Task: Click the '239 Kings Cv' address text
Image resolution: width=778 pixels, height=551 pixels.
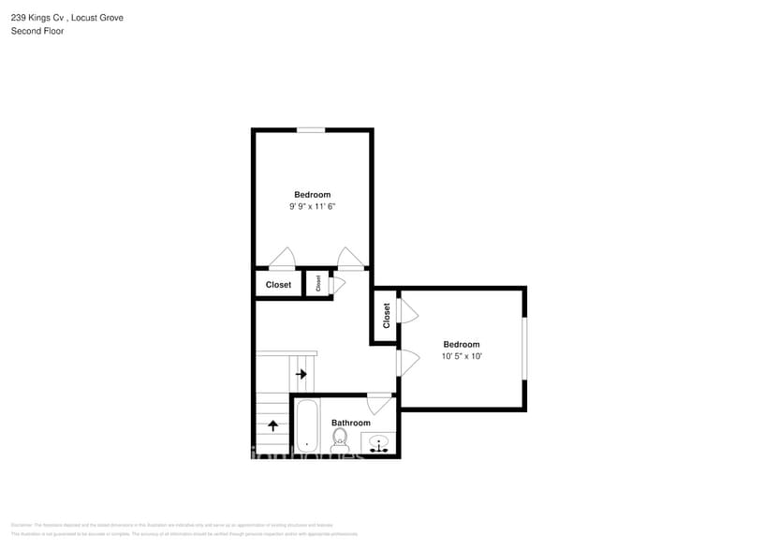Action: coord(38,17)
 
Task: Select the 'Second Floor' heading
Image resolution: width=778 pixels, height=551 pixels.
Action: coord(37,31)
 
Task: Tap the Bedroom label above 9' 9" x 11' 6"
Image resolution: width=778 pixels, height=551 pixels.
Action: coord(312,195)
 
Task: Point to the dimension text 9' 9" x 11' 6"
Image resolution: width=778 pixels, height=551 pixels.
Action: coord(312,206)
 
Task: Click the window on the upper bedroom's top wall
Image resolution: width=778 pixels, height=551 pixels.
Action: coord(311,129)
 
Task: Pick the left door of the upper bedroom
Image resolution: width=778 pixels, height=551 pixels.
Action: coord(282,260)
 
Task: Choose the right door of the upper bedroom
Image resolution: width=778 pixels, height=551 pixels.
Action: coord(350,259)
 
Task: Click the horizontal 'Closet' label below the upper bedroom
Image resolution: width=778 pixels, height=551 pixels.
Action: coord(278,285)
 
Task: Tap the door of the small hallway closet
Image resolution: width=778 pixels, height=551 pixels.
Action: coord(336,283)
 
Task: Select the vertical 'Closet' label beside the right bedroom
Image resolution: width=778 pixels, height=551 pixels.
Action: coord(386,315)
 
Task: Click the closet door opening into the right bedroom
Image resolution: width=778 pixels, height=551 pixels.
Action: coord(407,311)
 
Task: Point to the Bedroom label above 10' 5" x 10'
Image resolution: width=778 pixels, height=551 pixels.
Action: coord(461,345)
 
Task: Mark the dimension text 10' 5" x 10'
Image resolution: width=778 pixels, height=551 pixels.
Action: coord(461,356)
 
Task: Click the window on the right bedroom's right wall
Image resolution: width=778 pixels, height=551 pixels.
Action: coord(524,349)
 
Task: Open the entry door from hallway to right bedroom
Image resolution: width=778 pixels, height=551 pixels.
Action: coord(406,363)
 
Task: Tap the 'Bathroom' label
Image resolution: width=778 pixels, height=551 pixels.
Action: coord(350,423)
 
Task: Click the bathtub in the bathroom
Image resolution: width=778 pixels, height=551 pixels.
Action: coord(306,427)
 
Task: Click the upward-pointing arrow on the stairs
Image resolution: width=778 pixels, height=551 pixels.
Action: coord(273,424)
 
